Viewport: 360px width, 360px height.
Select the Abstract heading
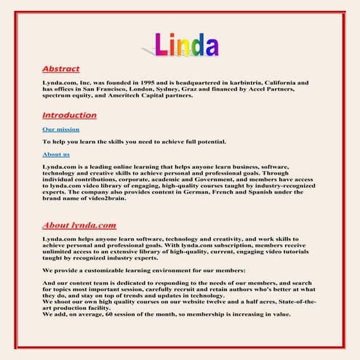click(61, 69)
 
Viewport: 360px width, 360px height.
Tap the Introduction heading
click(69, 115)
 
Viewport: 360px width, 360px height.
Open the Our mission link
click(60, 129)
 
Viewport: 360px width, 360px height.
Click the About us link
click(56, 154)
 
